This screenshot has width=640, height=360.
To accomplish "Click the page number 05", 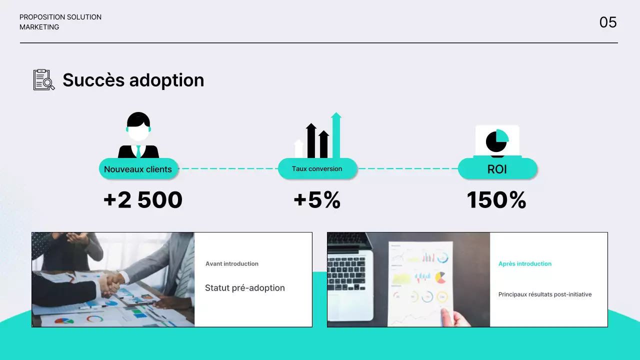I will coord(608,22).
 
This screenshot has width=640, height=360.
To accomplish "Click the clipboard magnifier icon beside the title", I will coord(44,80).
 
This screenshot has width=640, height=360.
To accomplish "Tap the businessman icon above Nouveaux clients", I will coord(138,135).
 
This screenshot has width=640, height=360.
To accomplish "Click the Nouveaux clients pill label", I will coord(138,169).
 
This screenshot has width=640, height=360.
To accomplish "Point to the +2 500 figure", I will coord(143,200).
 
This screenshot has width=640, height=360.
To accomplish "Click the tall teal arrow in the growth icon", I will coord(336,136).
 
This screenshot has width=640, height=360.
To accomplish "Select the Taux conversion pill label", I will coord(317,168).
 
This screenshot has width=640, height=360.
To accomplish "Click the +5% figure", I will coord(317,200).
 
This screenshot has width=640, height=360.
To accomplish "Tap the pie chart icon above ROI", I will coord(497,141).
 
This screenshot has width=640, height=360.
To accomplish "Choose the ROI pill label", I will coord(497,169).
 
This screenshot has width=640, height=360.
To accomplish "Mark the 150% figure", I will coord(496,200).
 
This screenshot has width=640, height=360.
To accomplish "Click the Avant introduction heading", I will coord(232,263).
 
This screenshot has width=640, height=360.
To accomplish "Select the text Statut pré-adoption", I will coord(245,288).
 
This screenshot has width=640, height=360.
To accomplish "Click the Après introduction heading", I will coord(525,263).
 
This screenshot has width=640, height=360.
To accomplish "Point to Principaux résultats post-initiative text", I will coord(545,294).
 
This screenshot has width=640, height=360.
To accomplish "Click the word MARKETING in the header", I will coord(39,27).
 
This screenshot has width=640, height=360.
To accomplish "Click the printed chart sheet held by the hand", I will coord(420,280).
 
